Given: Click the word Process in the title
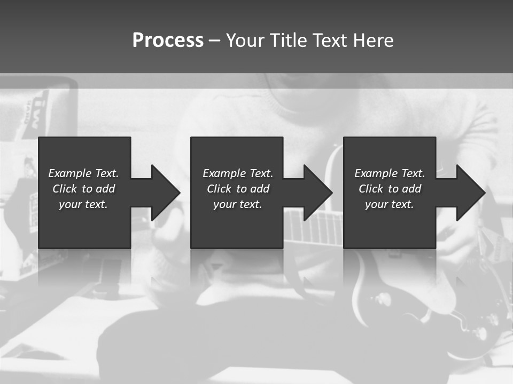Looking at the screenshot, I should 168,41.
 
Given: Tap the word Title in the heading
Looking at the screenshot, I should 290,41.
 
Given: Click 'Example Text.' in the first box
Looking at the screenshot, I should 83,173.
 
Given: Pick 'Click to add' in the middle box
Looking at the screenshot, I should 238,189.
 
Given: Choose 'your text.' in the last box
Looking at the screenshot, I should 389,204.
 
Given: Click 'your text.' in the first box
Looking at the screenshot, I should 83,204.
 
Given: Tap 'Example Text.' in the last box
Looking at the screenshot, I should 390,173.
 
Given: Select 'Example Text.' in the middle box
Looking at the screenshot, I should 238,173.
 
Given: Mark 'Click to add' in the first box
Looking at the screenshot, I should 83,189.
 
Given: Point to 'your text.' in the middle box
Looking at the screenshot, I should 237,204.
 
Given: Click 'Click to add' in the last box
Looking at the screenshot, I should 390,189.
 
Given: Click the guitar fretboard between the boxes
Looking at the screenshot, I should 313,227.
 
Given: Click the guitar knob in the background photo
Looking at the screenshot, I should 384,298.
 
